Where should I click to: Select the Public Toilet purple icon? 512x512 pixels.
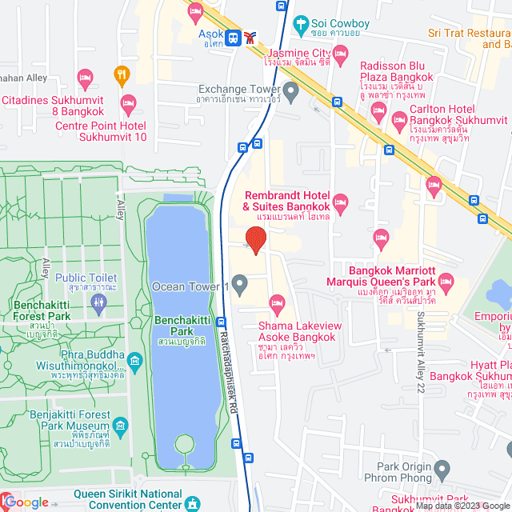(x=98, y=302)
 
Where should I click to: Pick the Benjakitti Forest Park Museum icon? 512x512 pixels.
(x=120, y=423)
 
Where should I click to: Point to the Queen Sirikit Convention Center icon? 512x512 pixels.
(x=192, y=504)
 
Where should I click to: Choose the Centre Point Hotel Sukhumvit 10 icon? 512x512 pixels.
(x=127, y=103)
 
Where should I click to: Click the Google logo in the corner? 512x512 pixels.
(x=26, y=502)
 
